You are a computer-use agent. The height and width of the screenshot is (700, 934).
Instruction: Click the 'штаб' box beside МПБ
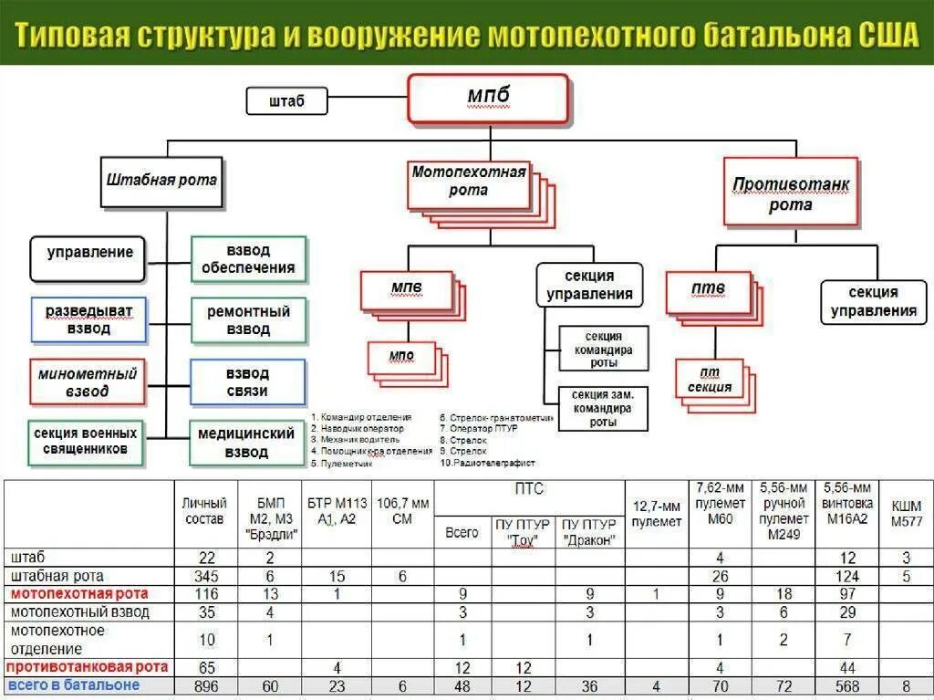click(x=286, y=100)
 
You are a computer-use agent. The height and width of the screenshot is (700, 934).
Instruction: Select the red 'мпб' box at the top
click(x=488, y=98)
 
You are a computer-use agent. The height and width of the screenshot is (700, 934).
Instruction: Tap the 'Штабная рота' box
click(x=161, y=180)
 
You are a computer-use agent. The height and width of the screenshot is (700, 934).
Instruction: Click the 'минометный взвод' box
click(x=88, y=382)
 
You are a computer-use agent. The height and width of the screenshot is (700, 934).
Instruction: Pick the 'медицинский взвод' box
click(x=246, y=443)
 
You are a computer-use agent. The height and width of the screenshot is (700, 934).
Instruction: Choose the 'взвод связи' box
click(x=246, y=382)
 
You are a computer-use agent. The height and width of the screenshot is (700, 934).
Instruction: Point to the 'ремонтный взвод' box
click(x=247, y=320)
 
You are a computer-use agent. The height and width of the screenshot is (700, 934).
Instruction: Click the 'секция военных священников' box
click(x=87, y=442)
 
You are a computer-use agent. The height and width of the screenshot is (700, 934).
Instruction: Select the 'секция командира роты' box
click(x=603, y=350)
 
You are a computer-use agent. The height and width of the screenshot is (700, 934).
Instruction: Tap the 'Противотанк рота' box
click(x=790, y=193)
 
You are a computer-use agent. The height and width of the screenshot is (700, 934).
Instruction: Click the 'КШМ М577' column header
click(x=906, y=513)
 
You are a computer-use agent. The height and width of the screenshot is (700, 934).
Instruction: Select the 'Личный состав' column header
click(x=203, y=511)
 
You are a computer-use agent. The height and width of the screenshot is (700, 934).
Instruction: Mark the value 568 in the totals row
click(x=847, y=686)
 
